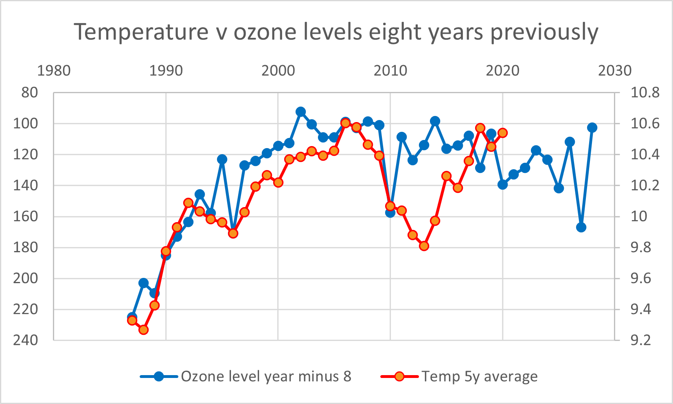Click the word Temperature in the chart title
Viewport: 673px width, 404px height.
click(x=141, y=32)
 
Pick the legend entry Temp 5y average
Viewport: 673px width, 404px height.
click(x=479, y=376)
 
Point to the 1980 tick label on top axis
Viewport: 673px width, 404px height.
click(x=53, y=71)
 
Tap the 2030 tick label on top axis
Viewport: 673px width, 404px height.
click(x=614, y=71)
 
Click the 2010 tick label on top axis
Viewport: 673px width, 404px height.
click(x=390, y=71)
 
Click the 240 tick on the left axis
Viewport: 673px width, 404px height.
click(x=26, y=340)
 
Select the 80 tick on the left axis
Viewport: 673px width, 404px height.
click(x=29, y=93)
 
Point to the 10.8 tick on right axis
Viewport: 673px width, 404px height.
click(x=645, y=93)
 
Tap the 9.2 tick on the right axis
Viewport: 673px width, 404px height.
click(x=641, y=340)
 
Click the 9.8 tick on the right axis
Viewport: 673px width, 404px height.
click(x=641, y=247)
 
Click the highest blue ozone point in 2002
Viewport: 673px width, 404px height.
click(x=300, y=112)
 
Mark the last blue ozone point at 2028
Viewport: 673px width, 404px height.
click(x=592, y=128)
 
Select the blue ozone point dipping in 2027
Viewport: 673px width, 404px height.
click(x=581, y=227)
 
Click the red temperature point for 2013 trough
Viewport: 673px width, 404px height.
click(x=424, y=246)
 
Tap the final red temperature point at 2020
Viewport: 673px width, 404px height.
click(x=502, y=133)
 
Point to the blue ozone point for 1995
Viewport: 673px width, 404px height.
click(x=222, y=159)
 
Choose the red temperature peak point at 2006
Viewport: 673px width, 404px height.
click(x=345, y=123)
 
